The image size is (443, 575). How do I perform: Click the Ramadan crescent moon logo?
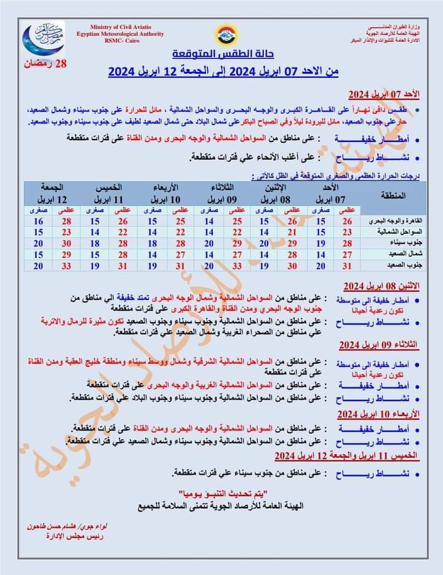tap(44, 40)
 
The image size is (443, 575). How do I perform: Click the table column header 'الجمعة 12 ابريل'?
tap(54, 193)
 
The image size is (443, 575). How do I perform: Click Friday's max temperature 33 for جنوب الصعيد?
tap(66, 266)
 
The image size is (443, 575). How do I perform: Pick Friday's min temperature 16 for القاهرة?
tap(39, 221)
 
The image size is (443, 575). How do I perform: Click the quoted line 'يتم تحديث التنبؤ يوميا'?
tap(221, 494)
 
